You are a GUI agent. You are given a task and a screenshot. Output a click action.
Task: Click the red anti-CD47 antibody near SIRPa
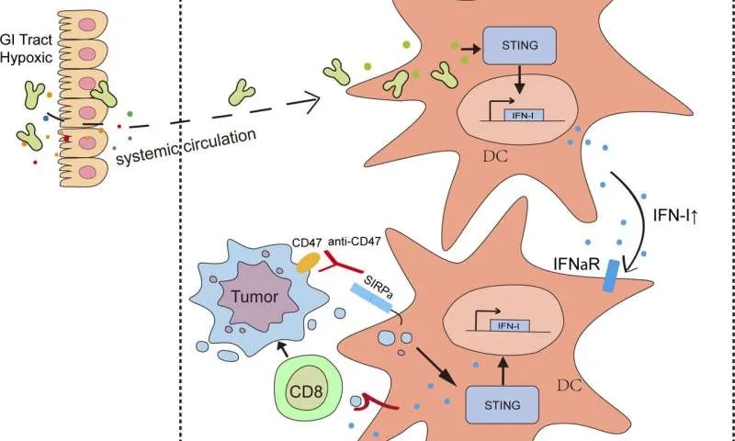click(x=333, y=267)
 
